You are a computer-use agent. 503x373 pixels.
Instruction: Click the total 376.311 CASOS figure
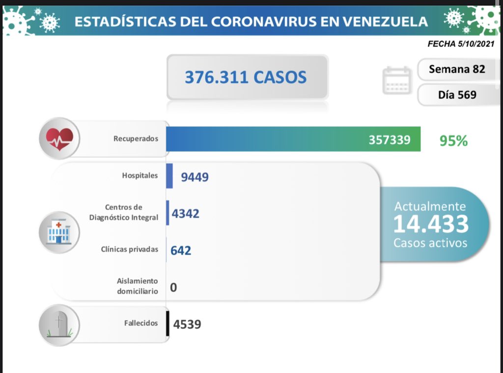tap(246, 77)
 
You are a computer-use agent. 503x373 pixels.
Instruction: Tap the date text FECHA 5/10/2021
tap(461, 44)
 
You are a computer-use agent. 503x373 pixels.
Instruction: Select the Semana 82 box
tap(456, 69)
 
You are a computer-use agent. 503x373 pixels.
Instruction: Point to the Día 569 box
tap(457, 94)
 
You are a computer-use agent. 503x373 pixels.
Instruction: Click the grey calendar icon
tap(396, 80)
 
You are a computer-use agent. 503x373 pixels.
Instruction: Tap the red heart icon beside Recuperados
tap(59, 138)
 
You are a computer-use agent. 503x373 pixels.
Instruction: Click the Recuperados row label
tap(136, 138)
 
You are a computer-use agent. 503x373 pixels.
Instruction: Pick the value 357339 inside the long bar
tap(389, 140)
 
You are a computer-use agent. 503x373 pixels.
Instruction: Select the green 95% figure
tap(453, 141)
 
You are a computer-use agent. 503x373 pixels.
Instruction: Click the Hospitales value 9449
tap(195, 177)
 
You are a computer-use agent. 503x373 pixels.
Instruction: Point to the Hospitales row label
tap(140, 175)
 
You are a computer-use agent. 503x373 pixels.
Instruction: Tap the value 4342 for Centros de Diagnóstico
tap(185, 213)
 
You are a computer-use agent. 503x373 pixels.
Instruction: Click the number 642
tap(181, 250)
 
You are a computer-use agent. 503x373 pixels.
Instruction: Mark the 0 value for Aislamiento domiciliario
tap(173, 287)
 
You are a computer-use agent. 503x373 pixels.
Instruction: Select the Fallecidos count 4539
tap(187, 324)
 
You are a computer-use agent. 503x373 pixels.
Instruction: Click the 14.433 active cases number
tap(430, 224)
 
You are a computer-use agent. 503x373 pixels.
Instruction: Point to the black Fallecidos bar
tap(168, 323)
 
